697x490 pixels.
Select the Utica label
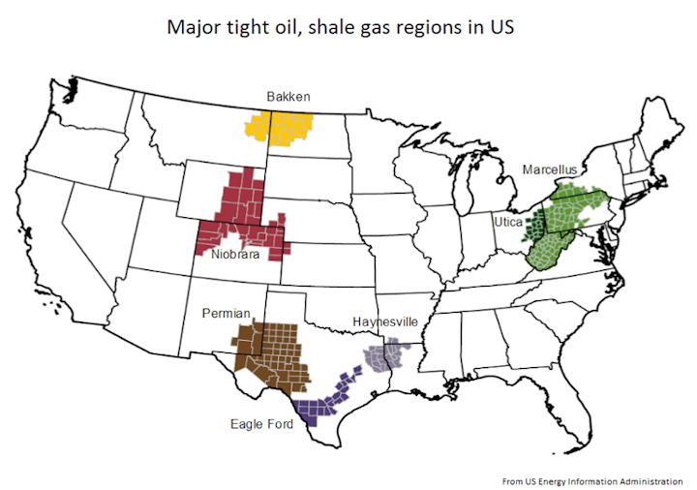(508, 222)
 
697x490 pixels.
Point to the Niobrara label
(236, 256)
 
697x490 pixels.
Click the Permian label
(227, 313)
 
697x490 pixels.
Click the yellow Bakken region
(281, 128)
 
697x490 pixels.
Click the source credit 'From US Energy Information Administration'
(592, 479)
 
